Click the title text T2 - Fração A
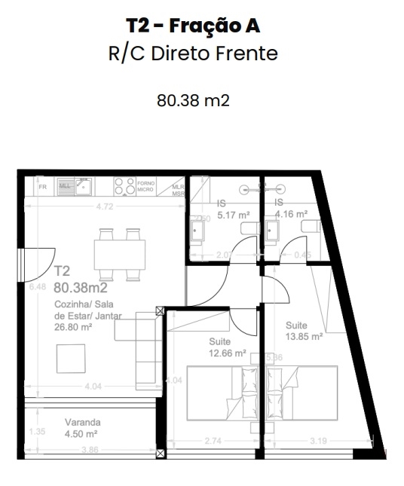pos(194,26)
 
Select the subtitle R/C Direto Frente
pos(194,54)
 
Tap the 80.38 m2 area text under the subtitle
pos(193,100)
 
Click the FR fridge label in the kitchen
pos(43,185)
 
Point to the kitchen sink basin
pos(81,185)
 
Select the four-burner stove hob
pos(124,185)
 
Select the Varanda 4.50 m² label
pos(83,428)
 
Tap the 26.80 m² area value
pos(73,327)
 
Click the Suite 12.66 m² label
pos(228,347)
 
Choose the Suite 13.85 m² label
pos(304,332)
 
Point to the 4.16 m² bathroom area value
pos(291,214)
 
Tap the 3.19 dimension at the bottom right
pos(320,439)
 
